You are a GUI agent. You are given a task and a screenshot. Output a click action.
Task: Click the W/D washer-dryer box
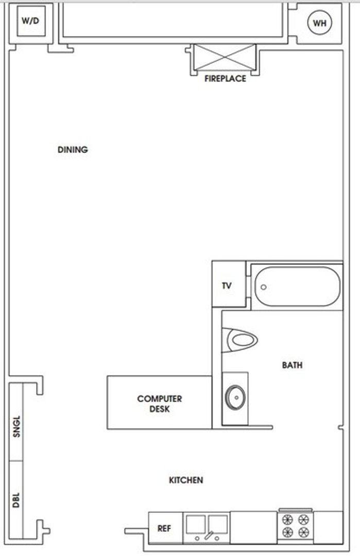(x=30, y=22)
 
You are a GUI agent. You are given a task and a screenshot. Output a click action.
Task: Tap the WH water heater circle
(x=319, y=23)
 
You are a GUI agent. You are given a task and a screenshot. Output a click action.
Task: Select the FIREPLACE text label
(x=225, y=79)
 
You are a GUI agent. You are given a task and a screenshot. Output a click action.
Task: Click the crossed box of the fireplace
(x=225, y=57)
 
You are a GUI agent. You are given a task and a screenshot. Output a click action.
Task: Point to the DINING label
(x=73, y=150)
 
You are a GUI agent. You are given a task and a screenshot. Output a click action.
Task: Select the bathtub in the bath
(x=296, y=286)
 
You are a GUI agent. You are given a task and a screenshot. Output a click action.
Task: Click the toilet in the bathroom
(x=241, y=340)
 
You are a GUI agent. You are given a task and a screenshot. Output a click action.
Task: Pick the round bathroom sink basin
(x=235, y=397)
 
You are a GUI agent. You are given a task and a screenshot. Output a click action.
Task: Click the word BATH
(x=292, y=366)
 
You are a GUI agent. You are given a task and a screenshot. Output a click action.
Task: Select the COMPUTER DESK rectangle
(x=159, y=403)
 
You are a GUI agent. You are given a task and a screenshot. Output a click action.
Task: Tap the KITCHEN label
(x=186, y=480)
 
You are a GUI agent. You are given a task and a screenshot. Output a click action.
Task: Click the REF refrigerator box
(x=164, y=528)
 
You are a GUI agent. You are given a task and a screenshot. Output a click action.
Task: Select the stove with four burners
(x=295, y=526)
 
